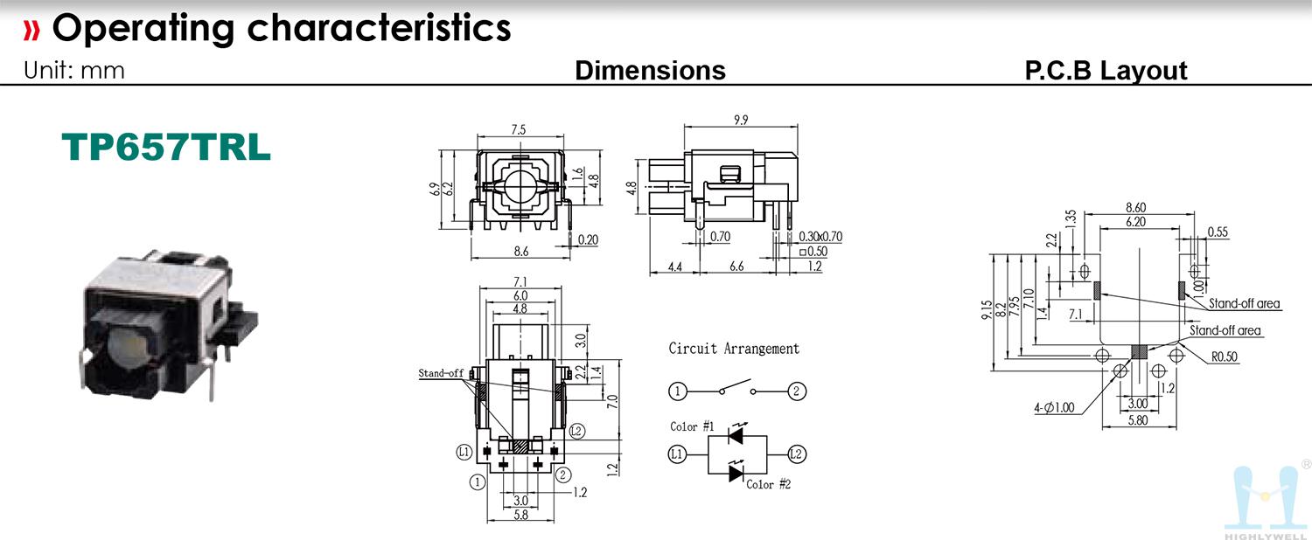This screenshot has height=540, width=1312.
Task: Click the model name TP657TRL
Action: tap(166, 147)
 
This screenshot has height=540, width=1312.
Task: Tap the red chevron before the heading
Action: tap(31, 30)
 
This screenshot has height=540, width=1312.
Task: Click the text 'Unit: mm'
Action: tap(73, 71)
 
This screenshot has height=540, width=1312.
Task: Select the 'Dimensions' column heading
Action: tap(650, 70)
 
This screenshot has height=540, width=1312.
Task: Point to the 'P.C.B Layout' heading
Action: tap(1106, 71)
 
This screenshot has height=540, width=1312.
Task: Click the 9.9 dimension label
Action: tap(741, 120)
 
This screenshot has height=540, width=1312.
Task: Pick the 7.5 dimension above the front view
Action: tap(519, 129)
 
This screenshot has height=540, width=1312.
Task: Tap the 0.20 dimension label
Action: tap(588, 240)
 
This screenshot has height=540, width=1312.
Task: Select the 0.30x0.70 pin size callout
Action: tap(820, 237)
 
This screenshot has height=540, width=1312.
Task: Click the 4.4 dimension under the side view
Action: tap(674, 267)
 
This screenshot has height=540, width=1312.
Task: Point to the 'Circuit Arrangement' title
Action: tap(734, 349)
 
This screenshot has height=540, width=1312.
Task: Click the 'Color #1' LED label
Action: tap(693, 426)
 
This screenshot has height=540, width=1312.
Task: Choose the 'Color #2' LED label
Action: tap(769, 484)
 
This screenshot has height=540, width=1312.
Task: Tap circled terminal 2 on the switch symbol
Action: tap(796, 391)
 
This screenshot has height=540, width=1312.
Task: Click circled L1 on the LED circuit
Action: tap(677, 454)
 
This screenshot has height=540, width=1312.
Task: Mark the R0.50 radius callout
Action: tap(1225, 357)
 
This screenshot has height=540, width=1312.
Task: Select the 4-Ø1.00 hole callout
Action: tap(1054, 408)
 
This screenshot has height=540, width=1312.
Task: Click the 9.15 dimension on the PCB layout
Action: tap(987, 310)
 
